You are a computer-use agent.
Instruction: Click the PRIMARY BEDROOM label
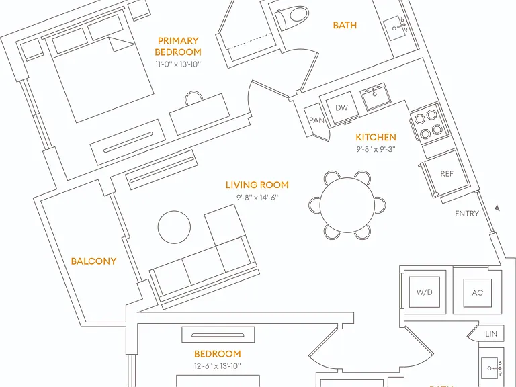(x=178, y=46)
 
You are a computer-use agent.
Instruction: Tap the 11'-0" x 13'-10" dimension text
(x=178, y=64)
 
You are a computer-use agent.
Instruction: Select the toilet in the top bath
(x=292, y=17)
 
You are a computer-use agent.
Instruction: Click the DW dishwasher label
(x=341, y=107)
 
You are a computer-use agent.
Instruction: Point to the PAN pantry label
(x=316, y=120)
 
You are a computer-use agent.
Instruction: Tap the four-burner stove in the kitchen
(x=429, y=124)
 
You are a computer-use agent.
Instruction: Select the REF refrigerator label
(x=447, y=173)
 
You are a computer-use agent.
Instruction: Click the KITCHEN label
(x=376, y=137)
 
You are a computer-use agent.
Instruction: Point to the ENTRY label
(x=467, y=214)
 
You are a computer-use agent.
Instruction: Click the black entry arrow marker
(x=498, y=208)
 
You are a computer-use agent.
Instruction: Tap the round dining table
(x=347, y=205)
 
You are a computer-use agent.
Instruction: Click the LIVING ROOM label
(x=257, y=185)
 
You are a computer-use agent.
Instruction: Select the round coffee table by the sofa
(x=174, y=227)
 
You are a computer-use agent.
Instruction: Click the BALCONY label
(x=94, y=261)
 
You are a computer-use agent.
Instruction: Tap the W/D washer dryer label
(x=424, y=292)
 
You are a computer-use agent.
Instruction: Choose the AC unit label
(x=478, y=292)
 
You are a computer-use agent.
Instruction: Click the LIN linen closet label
(x=491, y=334)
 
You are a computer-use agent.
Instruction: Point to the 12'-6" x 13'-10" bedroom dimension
(x=218, y=366)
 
